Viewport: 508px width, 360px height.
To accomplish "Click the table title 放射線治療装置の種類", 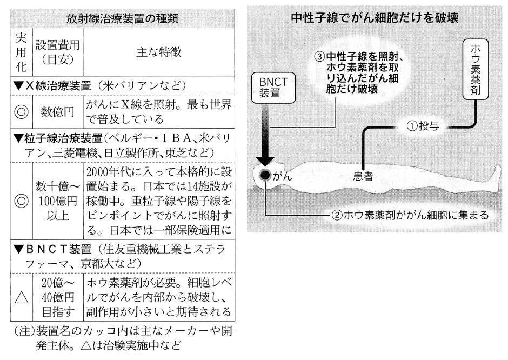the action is [x=122, y=18].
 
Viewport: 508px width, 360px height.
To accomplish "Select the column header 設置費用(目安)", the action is [x=57, y=52].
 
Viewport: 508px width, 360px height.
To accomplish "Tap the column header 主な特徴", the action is [x=159, y=52].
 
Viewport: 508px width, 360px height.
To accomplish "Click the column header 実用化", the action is [x=22, y=52].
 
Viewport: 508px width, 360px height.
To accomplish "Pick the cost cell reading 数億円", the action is [x=57, y=112].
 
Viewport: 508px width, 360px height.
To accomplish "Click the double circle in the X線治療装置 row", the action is [x=22, y=112].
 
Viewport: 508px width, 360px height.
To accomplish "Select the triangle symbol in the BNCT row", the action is [x=22, y=297].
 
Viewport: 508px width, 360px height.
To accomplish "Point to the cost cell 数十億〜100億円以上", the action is [x=57, y=201].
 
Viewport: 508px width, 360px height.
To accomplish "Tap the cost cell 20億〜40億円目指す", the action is [x=58, y=297].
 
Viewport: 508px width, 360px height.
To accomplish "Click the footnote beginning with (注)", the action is [x=123, y=338].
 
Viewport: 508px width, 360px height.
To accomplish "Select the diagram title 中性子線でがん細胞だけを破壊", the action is [x=375, y=17].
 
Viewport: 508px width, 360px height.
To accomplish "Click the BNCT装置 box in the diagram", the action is [x=273, y=88].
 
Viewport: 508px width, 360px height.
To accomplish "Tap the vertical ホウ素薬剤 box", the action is [x=475, y=69].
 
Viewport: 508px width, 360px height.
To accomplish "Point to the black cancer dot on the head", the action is [x=265, y=175].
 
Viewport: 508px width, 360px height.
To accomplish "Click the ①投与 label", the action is [x=423, y=126].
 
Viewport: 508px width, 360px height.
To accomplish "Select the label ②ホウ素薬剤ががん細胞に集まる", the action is [x=410, y=215].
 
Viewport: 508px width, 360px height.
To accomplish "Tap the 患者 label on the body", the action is [x=363, y=176].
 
